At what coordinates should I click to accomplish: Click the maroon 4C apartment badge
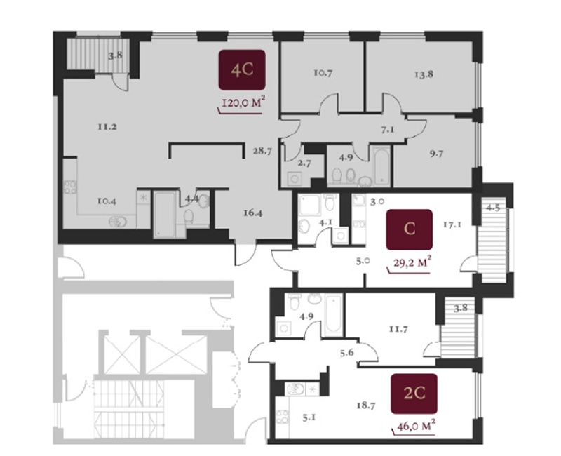(242, 69)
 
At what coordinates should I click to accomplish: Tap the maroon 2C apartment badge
(414, 394)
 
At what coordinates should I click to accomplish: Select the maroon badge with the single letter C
(410, 229)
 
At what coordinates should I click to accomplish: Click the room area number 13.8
(424, 74)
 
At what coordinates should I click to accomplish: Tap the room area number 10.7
(323, 73)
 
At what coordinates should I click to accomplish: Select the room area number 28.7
(262, 151)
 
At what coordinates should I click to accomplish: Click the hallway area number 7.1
(388, 130)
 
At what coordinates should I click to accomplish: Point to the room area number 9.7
(436, 154)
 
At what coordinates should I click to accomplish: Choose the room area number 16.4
(253, 213)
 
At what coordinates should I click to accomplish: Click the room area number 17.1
(452, 224)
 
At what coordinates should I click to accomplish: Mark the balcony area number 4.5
(493, 208)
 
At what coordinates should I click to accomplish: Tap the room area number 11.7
(398, 328)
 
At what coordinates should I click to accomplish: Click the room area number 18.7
(365, 405)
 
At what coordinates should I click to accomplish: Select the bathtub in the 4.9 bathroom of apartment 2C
(333, 314)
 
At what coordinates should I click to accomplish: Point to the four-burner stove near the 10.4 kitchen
(70, 187)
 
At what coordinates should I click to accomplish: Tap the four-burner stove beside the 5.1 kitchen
(283, 416)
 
